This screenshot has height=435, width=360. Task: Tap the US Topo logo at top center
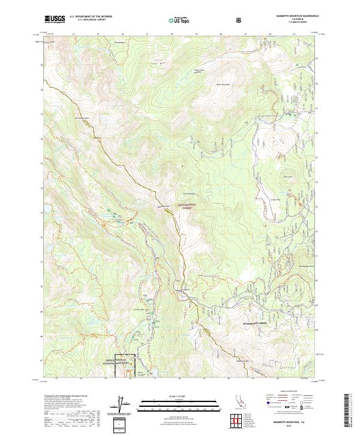[179, 20]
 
